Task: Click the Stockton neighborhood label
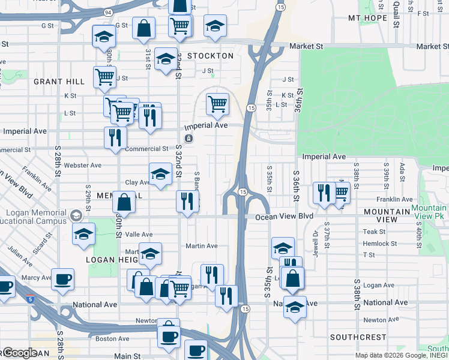(x=209, y=56)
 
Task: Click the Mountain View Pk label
(x=429, y=211)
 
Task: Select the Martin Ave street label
(x=201, y=245)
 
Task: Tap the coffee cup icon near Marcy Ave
(x=62, y=279)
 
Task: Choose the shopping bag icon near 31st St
(x=143, y=28)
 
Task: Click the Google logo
(x=19, y=352)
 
